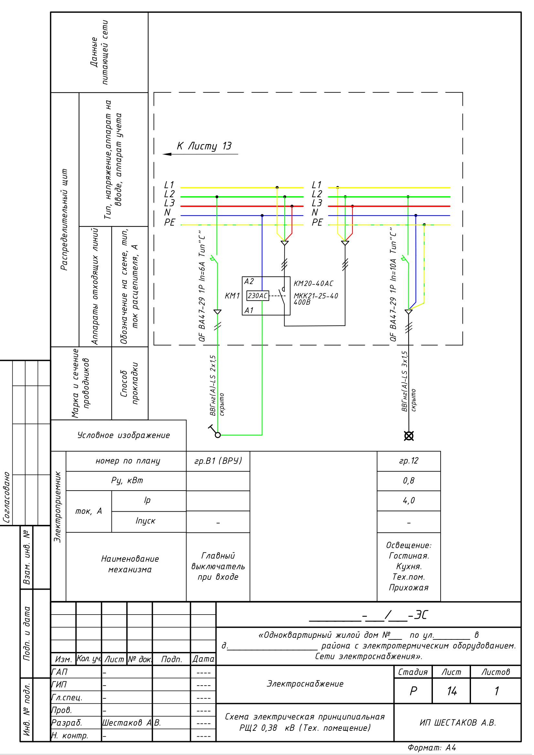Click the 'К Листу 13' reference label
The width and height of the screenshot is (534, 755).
[x=204, y=146]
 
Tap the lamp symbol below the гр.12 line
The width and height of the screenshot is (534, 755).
[x=409, y=436]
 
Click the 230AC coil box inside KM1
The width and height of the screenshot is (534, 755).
[x=257, y=296]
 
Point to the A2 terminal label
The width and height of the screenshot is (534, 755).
[x=249, y=281]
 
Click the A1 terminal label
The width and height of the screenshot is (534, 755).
[x=249, y=310]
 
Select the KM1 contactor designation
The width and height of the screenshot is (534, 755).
[x=232, y=296]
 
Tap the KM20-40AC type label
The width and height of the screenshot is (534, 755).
[x=313, y=283]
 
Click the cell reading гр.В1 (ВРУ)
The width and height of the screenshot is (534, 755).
[x=218, y=461]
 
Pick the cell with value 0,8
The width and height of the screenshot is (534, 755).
[x=409, y=481]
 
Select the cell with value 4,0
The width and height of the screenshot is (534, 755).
[x=409, y=501]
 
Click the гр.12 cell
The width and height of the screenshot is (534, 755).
[x=409, y=461]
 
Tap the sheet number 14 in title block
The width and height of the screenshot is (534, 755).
[x=452, y=691]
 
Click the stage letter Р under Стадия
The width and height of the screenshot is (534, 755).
[x=413, y=691]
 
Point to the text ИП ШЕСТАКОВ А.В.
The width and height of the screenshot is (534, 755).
[x=458, y=722]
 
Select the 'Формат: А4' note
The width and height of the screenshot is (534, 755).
[x=432, y=748]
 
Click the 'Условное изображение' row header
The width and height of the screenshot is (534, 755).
[x=123, y=435]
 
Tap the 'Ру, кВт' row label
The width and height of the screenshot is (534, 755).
[x=127, y=481]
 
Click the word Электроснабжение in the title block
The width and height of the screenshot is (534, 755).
[x=305, y=684]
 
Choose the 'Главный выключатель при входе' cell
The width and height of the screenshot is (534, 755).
[x=218, y=566]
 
